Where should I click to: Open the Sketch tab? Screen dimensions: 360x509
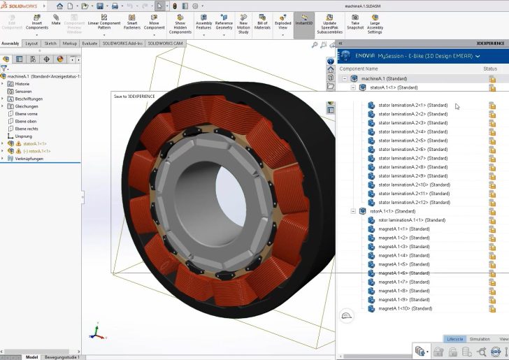click(x=50, y=43)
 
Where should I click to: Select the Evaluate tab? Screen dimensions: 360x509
click(x=90, y=43)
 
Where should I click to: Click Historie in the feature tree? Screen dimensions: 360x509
click(x=22, y=84)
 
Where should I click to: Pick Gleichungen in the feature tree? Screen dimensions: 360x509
click(x=27, y=106)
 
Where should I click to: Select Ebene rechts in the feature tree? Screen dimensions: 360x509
click(x=27, y=129)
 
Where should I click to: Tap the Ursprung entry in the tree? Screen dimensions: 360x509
click(x=24, y=136)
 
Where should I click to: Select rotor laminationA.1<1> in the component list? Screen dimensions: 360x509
click(x=412, y=220)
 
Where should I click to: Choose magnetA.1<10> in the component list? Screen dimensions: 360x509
click(x=405, y=308)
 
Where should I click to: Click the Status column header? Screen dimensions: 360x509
click(x=490, y=69)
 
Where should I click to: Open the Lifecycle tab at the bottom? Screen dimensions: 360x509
click(x=454, y=339)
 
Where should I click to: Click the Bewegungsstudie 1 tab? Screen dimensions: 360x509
click(x=62, y=357)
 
